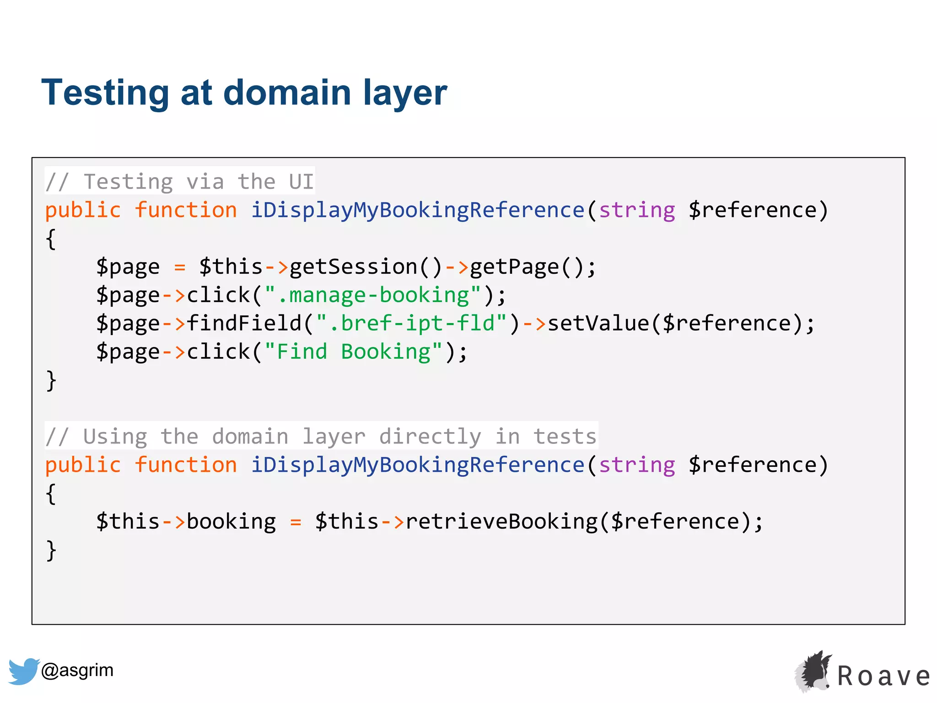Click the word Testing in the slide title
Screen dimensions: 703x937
point(105,93)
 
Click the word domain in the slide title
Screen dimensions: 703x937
point(287,93)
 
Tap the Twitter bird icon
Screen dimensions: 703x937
point(23,671)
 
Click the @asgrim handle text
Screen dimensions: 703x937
point(77,670)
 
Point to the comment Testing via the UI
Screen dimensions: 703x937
point(179,182)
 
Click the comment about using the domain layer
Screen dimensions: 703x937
point(321,436)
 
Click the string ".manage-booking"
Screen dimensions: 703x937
point(373,295)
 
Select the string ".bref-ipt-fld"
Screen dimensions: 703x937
point(411,324)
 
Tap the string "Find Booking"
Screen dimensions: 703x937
point(353,352)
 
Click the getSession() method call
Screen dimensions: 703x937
point(366,267)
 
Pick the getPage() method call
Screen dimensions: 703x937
point(526,267)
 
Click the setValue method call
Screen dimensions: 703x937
point(598,324)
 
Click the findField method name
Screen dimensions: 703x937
point(244,324)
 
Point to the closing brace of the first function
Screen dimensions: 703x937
point(51,380)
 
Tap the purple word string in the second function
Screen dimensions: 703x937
point(637,465)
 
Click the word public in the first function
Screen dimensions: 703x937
point(83,210)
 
